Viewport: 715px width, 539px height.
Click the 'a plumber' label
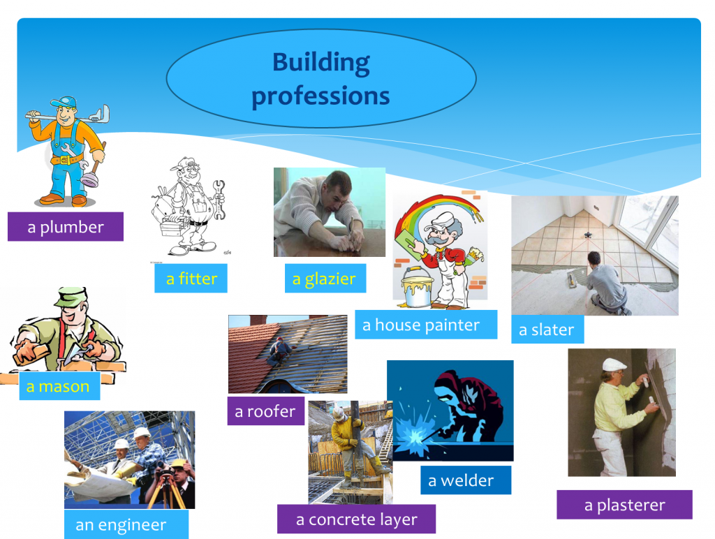tap(66, 227)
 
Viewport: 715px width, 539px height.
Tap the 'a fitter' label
tap(191, 279)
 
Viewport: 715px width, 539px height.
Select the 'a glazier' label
tap(324, 279)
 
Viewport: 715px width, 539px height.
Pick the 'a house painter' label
tap(421, 325)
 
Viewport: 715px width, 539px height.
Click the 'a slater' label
tap(546, 330)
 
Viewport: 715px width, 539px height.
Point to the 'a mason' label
tap(58, 386)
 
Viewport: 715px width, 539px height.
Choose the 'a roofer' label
tap(265, 411)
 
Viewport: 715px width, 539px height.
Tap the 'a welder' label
tap(460, 480)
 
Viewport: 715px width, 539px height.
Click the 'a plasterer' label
tap(624, 505)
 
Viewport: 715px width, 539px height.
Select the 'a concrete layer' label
tap(356, 519)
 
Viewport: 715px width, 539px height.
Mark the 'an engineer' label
tap(121, 524)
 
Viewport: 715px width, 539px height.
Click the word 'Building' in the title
tap(321, 63)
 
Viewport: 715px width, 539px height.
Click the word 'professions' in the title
tap(320, 95)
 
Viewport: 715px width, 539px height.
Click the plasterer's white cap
tap(614, 364)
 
